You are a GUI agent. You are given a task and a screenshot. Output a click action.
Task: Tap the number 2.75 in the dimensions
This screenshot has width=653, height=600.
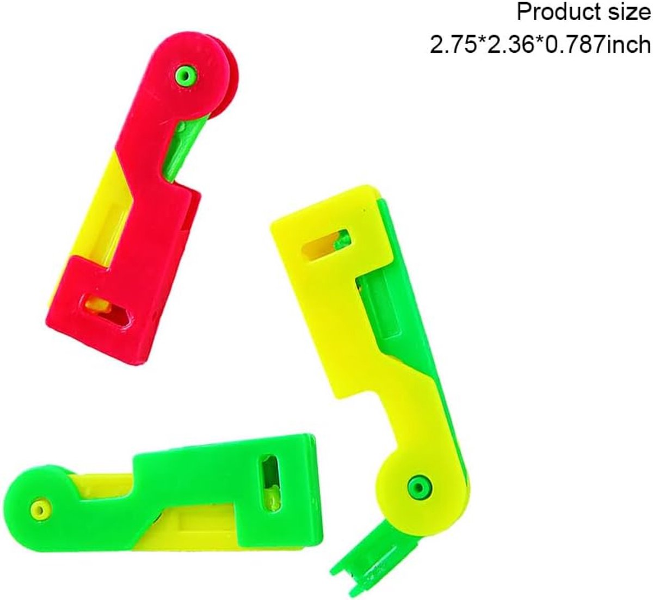[454, 45]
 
